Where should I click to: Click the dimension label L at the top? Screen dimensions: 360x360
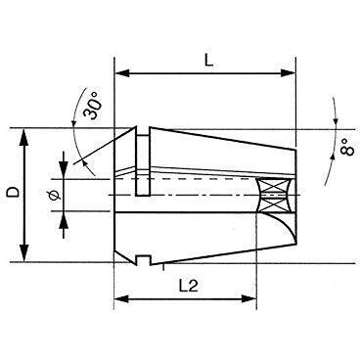pyautogui.click(x=208, y=62)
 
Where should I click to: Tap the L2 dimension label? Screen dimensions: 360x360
pyautogui.click(x=189, y=287)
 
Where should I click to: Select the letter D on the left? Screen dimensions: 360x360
pyautogui.click(x=14, y=192)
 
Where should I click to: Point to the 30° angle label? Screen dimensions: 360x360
pyautogui.click(x=92, y=105)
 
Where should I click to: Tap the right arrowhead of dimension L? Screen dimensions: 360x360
pyautogui.click(x=288, y=73)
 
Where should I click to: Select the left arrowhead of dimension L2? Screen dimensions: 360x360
pyautogui.click(x=122, y=298)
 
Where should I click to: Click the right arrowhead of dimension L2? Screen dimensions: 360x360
pyautogui.click(x=248, y=298)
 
